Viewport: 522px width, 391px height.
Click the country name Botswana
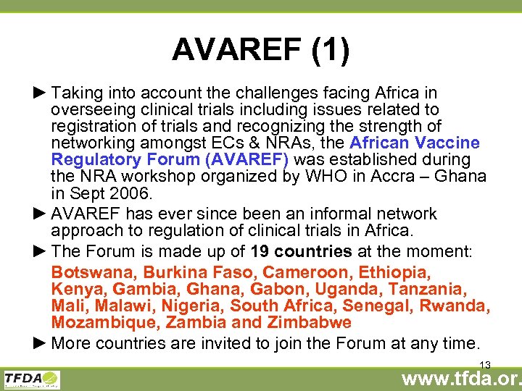(x=94, y=272)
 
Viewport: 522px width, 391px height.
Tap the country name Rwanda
(x=456, y=306)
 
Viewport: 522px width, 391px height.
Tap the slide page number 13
(x=485, y=365)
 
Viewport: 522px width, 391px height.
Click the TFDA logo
(x=32, y=379)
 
